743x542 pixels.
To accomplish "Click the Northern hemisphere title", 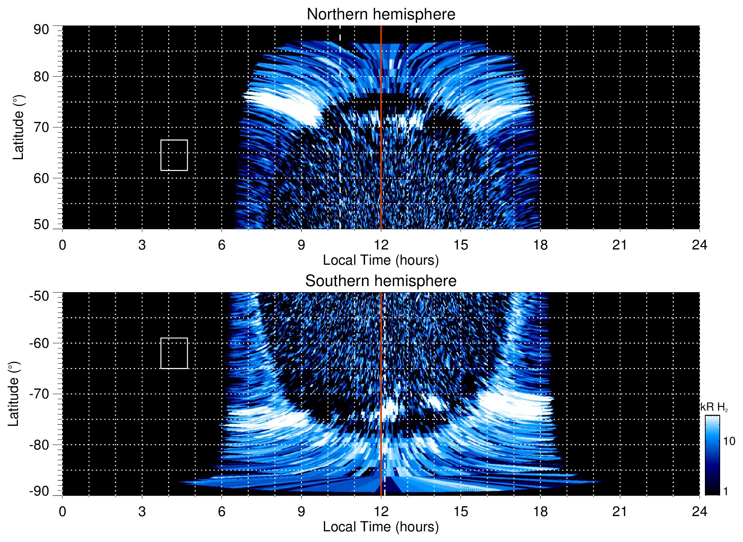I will [x=381, y=14].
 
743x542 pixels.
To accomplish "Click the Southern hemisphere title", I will [x=381, y=281].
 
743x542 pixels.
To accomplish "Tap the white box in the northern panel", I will [x=174, y=155].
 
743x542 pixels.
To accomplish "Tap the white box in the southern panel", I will [x=174, y=353].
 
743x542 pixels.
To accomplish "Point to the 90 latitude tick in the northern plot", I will [x=41, y=30].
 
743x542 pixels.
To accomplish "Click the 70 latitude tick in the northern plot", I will [x=41, y=127].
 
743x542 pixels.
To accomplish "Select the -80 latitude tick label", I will [x=39, y=444].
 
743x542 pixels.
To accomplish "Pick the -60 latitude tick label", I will [x=39, y=343].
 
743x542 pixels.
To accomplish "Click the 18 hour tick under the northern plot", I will [x=540, y=245].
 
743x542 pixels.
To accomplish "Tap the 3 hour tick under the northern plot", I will [x=142, y=245].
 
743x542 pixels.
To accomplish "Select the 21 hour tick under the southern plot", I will [x=620, y=512].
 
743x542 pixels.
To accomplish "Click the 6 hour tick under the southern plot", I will [x=222, y=512].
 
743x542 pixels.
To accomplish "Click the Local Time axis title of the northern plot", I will [x=381, y=260].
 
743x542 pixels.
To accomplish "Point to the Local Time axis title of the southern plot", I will [x=381, y=527].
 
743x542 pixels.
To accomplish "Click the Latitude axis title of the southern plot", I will [x=13, y=394].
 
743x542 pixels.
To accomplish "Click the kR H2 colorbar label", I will [x=714, y=407].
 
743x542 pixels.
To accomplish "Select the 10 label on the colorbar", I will [x=729, y=441].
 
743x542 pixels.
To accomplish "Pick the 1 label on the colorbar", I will [x=725, y=491].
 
